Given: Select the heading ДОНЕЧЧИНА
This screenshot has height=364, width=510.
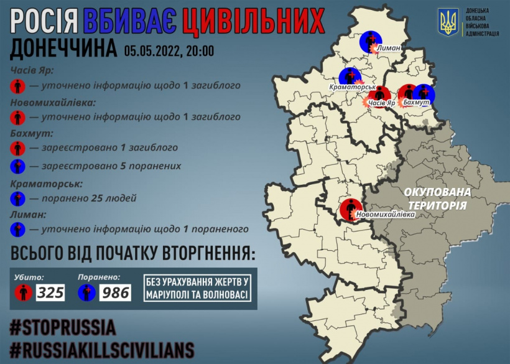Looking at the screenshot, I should pyautogui.click(x=63, y=50).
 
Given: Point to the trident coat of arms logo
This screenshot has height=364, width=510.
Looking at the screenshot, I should pyautogui.click(x=448, y=22).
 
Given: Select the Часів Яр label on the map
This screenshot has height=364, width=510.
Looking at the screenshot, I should pyautogui.click(x=382, y=102).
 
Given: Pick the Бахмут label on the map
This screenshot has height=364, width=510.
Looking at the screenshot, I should pyautogui.click(x=417, y=101).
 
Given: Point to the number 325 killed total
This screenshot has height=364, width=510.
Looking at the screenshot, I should pyautogui.click(x=50, y=292).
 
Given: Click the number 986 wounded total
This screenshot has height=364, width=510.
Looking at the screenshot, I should pyautogui.click(x=115, y=292).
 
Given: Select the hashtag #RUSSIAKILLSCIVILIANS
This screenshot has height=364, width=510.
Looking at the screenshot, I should pyautogui.click(x=102, y=349).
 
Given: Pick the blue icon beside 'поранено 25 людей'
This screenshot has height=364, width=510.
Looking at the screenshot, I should pyautogui.click(x=18, y=199).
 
